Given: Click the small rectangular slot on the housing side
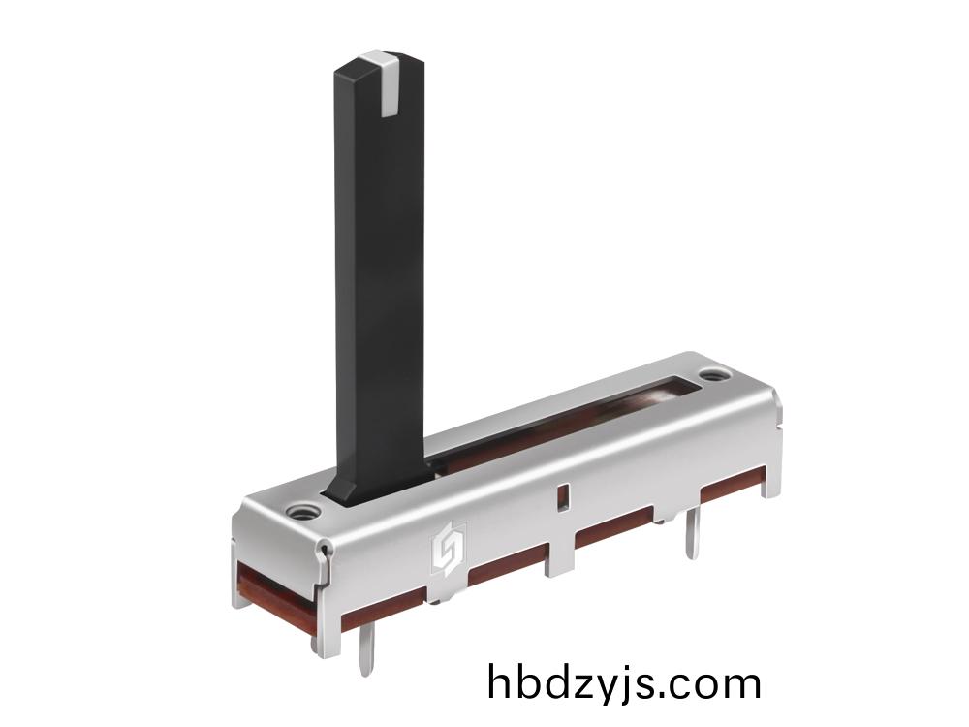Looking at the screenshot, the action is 562,497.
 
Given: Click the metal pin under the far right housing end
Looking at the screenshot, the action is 692,532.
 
